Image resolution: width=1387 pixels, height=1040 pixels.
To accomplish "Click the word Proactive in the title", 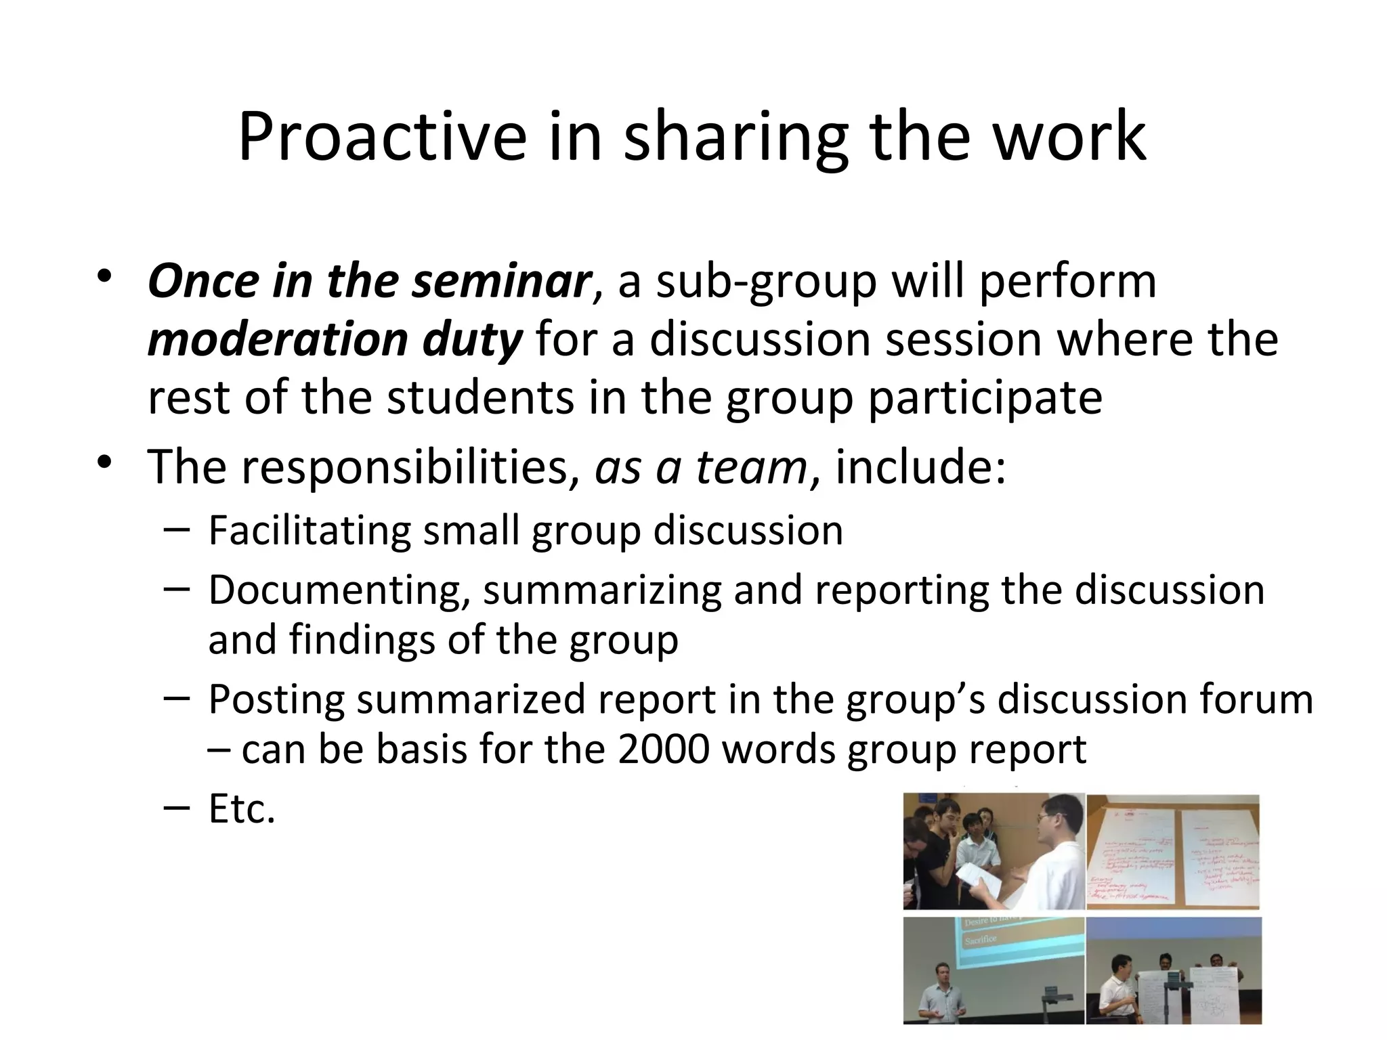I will (382, 137).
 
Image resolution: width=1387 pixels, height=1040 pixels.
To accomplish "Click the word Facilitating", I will (310, 530).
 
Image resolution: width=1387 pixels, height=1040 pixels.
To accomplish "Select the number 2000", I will (663, 750).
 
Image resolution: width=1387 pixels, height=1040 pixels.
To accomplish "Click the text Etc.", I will (242, 809).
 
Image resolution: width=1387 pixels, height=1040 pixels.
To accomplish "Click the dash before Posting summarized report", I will (175, 698).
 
